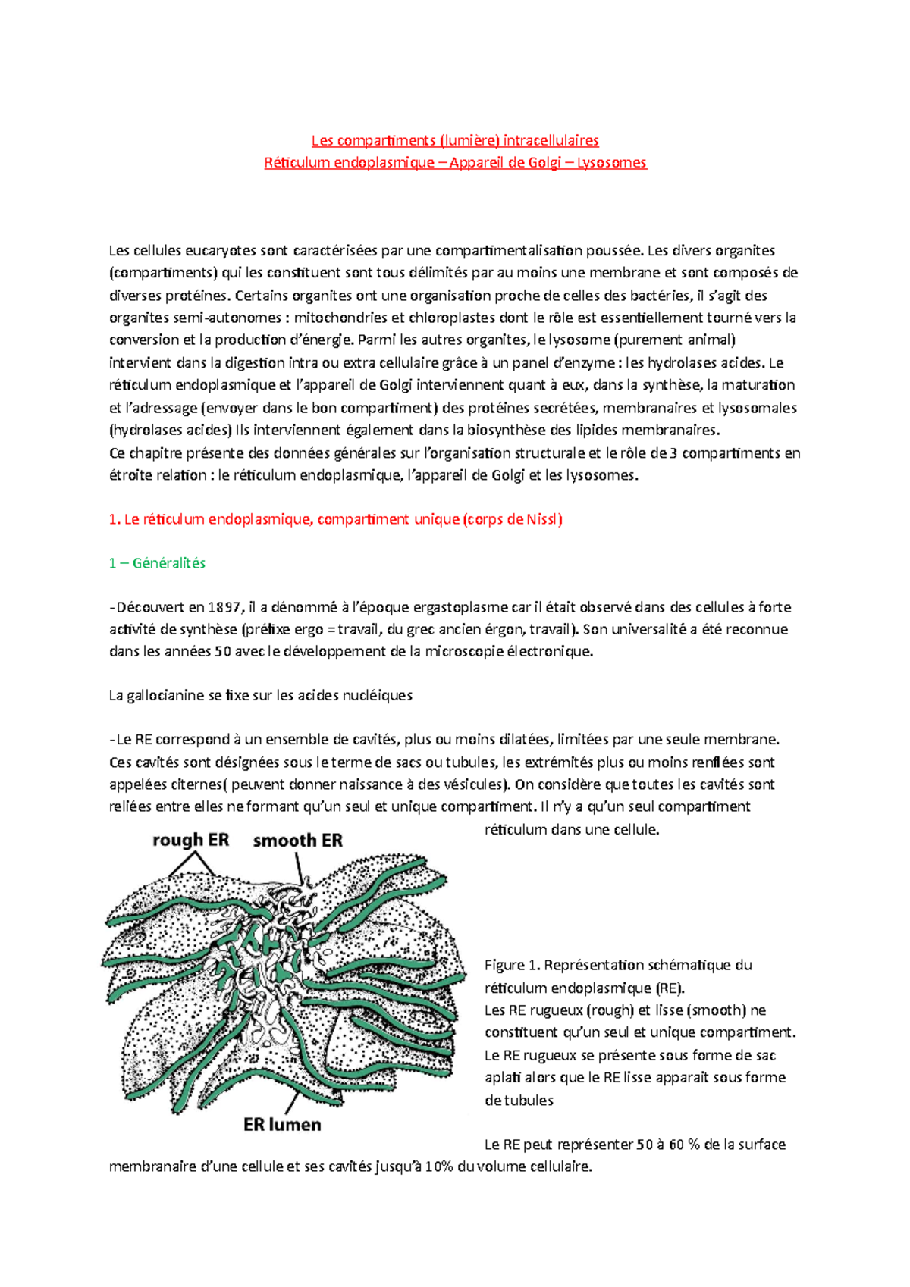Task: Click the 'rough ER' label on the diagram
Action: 190,840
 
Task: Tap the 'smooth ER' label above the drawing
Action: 297,841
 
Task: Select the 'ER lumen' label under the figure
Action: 282,1125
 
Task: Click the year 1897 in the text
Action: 224,607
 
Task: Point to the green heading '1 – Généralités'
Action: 157,563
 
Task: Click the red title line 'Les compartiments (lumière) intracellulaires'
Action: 455,140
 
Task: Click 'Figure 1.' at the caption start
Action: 512,965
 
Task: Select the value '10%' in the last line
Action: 439,1166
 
